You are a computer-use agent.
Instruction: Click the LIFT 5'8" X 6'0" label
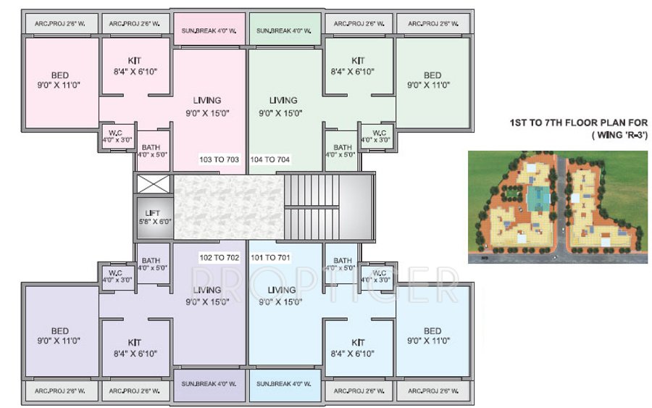(x=152, y=217)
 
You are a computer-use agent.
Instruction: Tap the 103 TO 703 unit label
(x=220, y=159)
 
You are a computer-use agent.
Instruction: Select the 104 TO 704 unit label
(x=270, y=159)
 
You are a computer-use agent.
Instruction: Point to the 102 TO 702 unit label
(x=220, y=257)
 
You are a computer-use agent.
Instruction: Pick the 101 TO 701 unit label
(x=270, y=257)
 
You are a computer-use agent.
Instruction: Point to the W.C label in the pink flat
(x=117, y=136)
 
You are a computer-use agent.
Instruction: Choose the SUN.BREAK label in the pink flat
(x=208, y=31)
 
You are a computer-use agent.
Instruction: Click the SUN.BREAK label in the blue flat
(x=283, y=383)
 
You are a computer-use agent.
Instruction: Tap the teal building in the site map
(x=536, y=196)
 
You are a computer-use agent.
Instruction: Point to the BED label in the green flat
(x=432, y=80)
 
